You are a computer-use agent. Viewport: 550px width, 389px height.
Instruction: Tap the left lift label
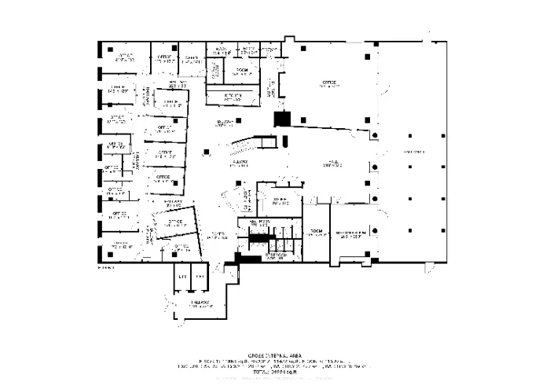182,277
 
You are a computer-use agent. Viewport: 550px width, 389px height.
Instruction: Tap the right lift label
200,277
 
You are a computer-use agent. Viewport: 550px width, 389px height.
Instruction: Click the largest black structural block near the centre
281,119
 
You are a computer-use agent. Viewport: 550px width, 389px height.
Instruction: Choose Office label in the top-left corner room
125,57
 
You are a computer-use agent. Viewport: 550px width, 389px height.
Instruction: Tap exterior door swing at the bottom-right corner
427,268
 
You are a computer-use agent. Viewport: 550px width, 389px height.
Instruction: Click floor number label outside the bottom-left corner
106,267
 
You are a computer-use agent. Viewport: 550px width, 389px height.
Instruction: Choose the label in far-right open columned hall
414,151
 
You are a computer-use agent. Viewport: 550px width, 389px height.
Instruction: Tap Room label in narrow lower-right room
316,232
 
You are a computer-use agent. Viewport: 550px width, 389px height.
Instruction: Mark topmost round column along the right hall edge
376,136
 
